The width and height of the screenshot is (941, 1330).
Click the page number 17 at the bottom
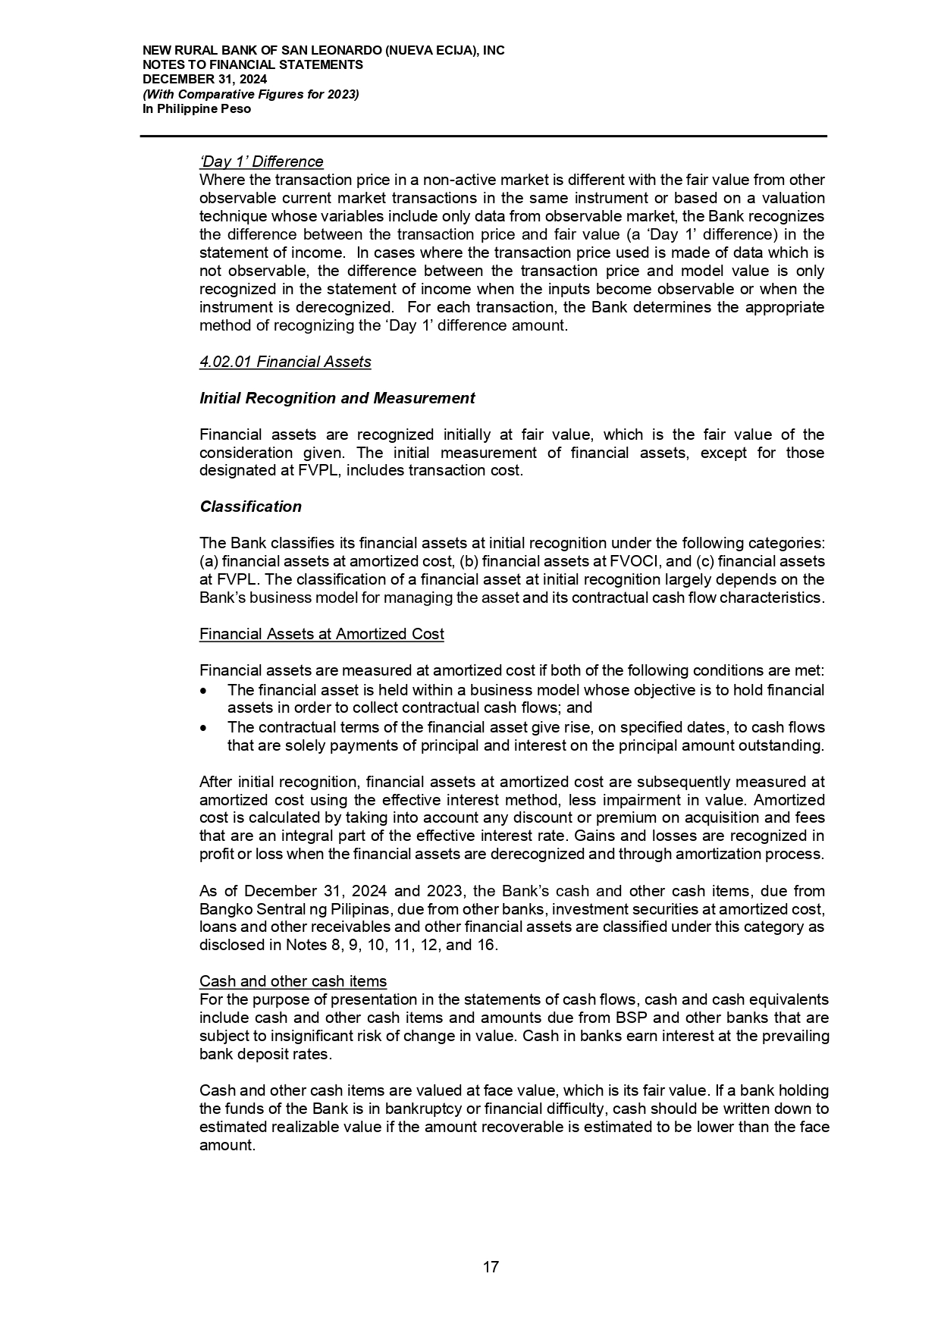click(491, 1267)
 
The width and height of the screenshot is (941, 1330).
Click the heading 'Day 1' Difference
click(261, 162)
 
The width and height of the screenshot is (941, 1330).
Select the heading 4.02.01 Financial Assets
click(285, 362)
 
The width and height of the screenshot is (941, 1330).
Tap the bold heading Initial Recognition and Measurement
click(337, 398)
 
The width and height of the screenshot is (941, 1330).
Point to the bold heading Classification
click(250, 507)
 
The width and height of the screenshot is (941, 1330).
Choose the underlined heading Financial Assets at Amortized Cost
click(322, 634)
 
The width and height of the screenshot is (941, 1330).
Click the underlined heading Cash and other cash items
click(293, 981)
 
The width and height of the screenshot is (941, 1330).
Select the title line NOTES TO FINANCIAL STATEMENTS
click(253, 65)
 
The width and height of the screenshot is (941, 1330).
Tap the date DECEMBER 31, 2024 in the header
click(205, 80)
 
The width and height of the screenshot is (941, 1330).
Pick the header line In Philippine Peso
click(196, 108)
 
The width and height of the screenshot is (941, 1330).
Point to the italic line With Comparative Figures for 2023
click(250, 94)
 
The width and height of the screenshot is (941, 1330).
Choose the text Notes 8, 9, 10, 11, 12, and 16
click(391, 946)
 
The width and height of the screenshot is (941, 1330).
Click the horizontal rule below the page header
click(483, 136)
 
